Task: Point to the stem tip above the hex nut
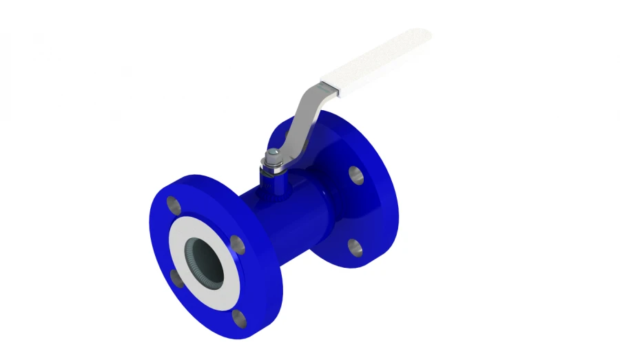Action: tap(272, 153)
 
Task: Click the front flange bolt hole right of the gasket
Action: tap(236, 244)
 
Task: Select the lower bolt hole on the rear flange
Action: tap(355, 246)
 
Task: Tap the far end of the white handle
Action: tap(422, 36)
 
